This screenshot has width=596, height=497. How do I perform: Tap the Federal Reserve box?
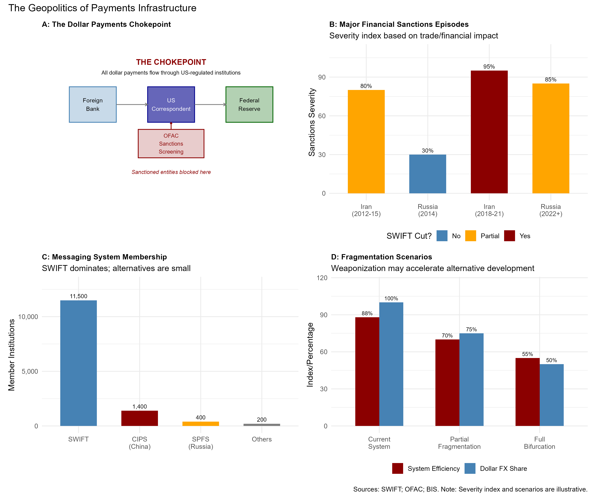249,105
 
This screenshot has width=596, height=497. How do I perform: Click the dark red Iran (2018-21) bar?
489,132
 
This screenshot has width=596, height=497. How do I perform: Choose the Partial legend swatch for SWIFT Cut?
471,236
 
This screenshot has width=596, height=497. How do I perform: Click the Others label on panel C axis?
262,439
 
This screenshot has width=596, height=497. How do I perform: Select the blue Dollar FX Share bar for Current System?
391,364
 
